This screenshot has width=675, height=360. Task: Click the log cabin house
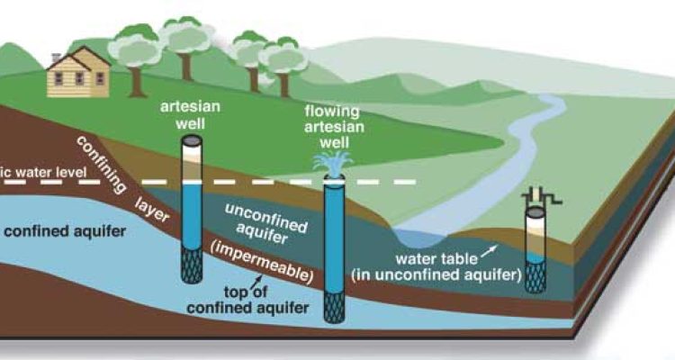tap(76, 73)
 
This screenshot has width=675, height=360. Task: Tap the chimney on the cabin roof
tap(57, 58)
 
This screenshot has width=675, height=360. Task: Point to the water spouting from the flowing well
tap(332, 162)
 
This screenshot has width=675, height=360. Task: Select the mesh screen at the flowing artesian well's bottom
tap(334, 310)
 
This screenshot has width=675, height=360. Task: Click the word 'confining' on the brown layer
tap(98, 158)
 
